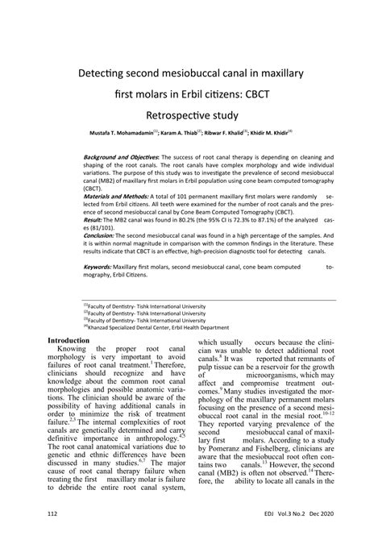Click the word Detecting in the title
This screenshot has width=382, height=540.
(106, 73)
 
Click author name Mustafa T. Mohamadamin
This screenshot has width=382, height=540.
(122, 131)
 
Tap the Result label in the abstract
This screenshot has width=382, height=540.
(93, 219)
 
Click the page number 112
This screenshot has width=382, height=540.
(52, 513)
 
